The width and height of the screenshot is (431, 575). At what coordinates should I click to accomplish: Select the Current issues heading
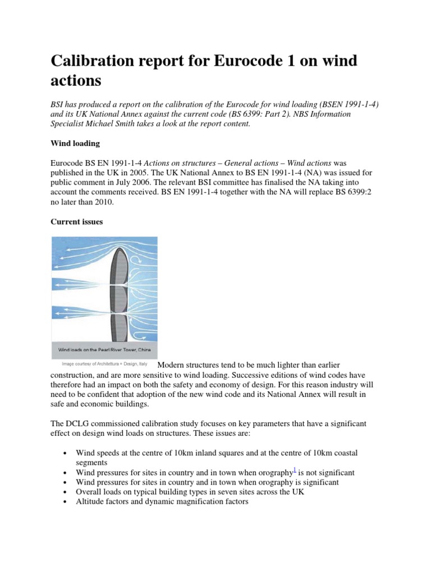pos(77,222)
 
